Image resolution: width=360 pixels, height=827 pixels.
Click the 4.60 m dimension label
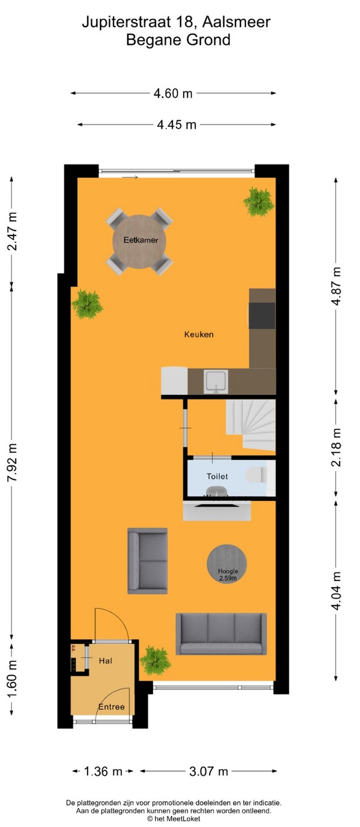click(173, 94)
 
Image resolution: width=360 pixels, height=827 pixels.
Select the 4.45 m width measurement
click(176, 124)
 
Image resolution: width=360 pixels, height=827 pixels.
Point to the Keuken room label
click(198, 335)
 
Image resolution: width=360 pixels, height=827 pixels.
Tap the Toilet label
click(217, 476)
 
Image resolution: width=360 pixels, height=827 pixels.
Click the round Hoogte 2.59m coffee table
click(227, 565)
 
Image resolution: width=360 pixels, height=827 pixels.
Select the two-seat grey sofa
click(147, 560)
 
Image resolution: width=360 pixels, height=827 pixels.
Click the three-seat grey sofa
click(221, 633)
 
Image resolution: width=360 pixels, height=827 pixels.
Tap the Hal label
click(105, 661)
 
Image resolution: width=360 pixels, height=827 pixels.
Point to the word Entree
click(112, 707)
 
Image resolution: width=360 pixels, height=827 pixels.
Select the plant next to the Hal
click(153, 660)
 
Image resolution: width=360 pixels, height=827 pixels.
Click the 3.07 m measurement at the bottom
click(208, 772)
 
